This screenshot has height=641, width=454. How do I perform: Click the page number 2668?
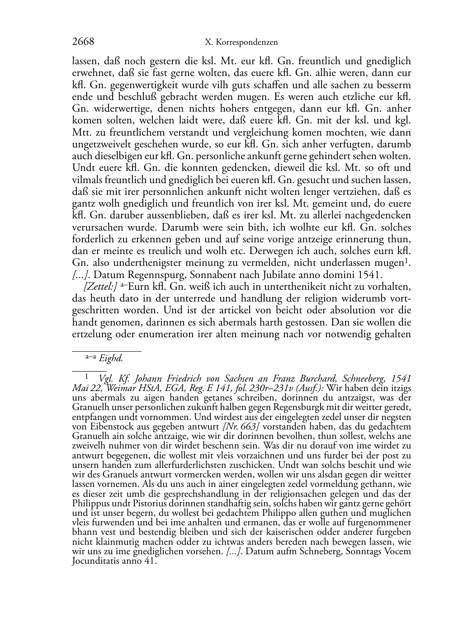point(83,42)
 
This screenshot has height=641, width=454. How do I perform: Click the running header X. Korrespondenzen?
point(241,42)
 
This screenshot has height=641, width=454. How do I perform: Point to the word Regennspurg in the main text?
point(149,274)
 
